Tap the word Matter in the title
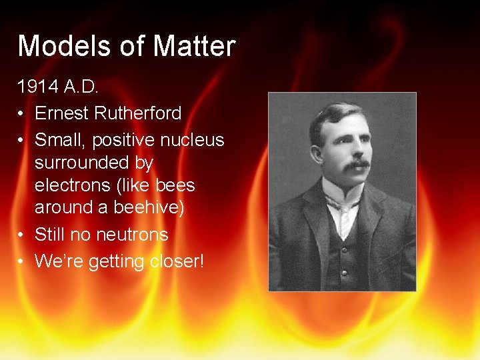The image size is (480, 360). click(195, 46)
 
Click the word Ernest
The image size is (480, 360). click(61, 113)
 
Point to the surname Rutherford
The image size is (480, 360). click(138, 113)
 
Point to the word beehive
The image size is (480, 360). click(147, 207)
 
